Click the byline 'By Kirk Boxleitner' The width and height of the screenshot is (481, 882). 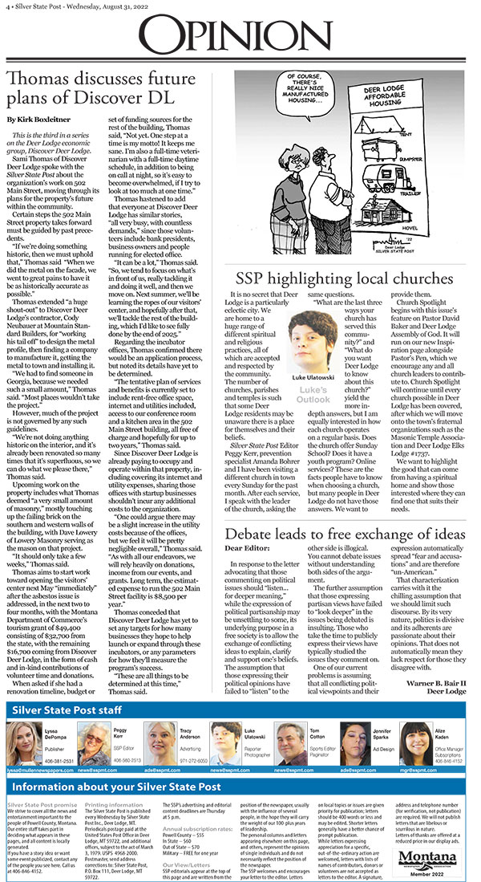[37, 119]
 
